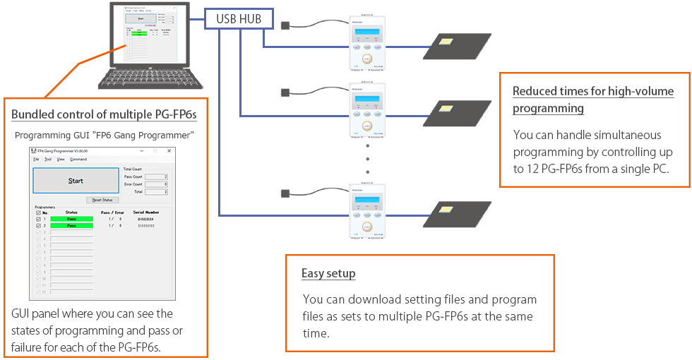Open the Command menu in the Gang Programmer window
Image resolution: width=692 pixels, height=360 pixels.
[x=78, y=160]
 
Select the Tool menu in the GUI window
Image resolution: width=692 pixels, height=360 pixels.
[x=48, y=160]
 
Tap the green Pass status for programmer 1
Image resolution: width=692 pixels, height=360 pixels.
[x=71, y=219]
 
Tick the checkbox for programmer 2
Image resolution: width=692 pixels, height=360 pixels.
[x=38, y=225]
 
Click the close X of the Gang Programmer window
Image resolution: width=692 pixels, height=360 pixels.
[x=169, y=150]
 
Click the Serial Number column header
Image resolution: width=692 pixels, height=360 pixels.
[x=146, y=212]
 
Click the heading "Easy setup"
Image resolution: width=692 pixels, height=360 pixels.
[x=328, y=273]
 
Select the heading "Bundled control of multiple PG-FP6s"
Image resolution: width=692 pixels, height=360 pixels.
[x=104, y=114]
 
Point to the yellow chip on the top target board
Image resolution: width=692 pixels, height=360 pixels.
[x=446, y=42]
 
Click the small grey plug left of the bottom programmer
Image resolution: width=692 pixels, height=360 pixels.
[x=285, y=193]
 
